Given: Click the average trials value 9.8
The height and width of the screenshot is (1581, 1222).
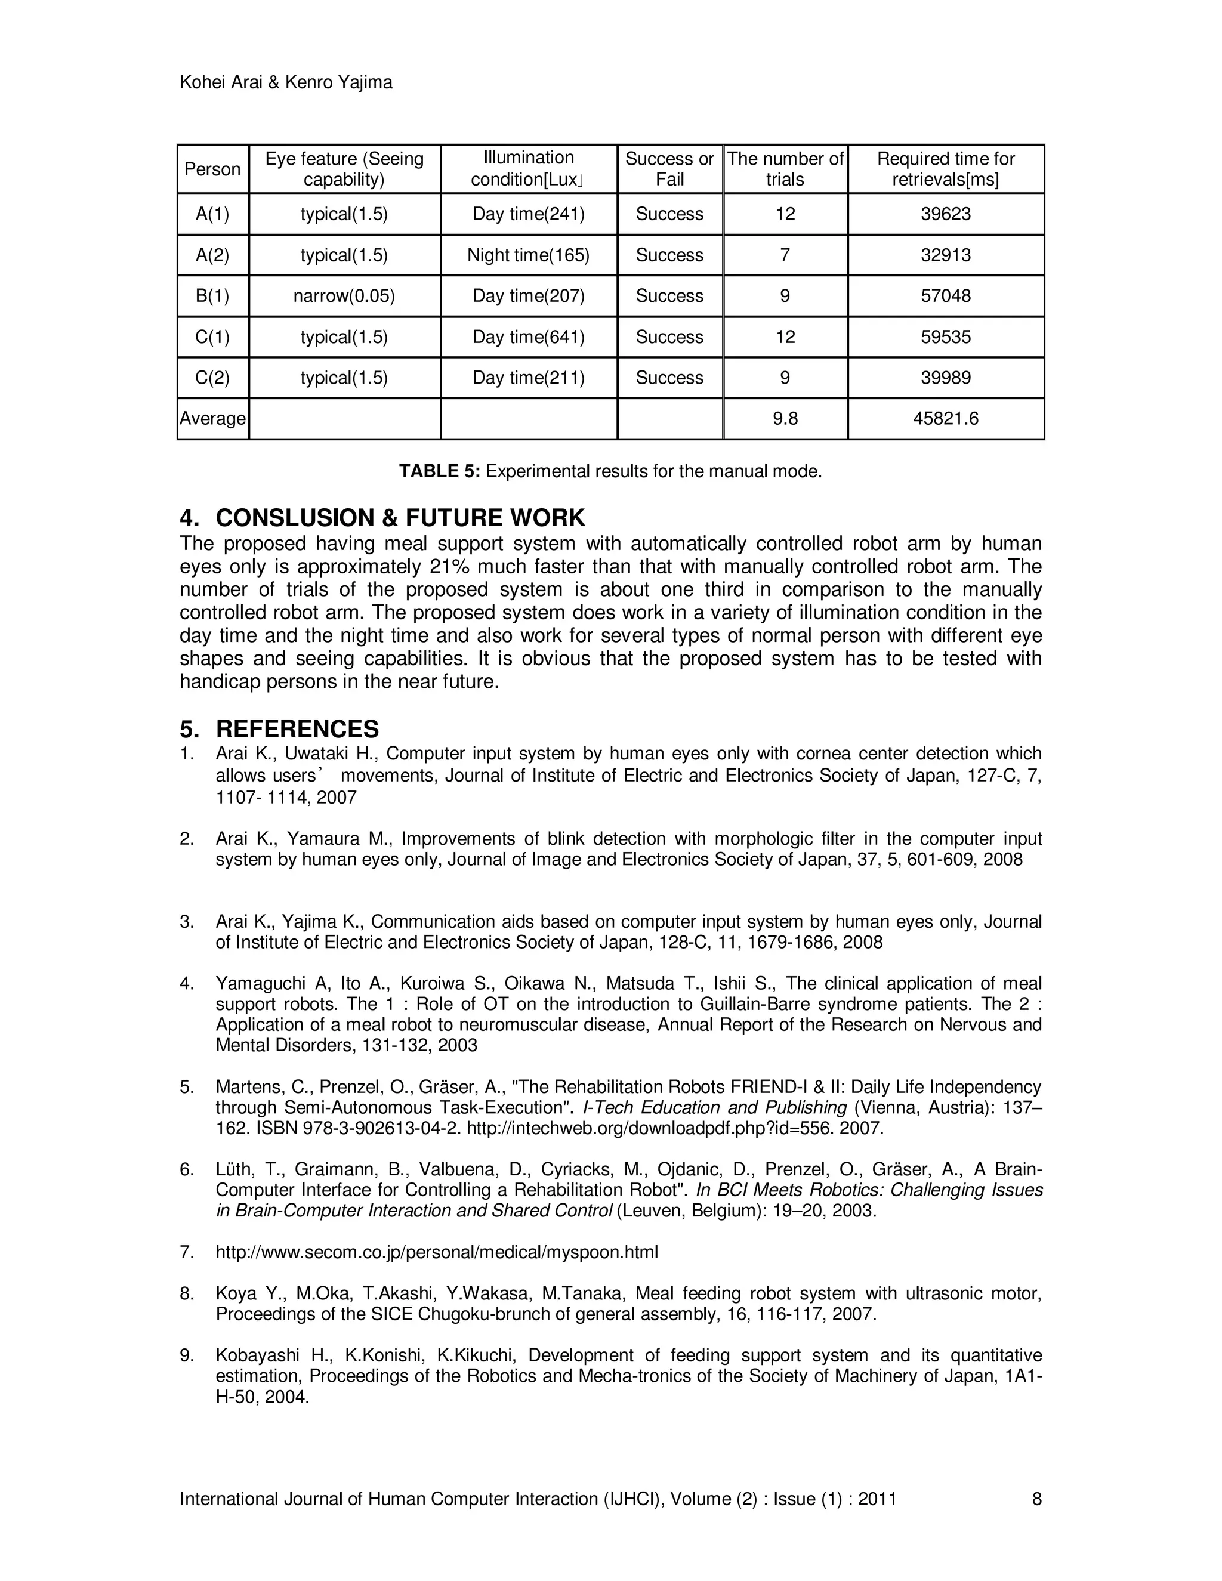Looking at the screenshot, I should tap(785, 418).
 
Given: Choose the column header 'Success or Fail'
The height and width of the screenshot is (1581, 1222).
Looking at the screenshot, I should tap(669, 169).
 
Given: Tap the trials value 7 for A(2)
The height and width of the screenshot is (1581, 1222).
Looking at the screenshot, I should tap(785, 255).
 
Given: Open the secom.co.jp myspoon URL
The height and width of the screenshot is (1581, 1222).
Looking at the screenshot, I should tap(437, 1252).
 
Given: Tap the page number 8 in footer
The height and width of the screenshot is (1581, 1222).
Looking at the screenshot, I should tap(1036, 1499).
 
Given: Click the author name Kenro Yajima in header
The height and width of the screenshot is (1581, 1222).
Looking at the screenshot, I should tap(339, 82).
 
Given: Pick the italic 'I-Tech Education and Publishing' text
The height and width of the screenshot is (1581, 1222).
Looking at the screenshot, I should tap(714, 1107).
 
